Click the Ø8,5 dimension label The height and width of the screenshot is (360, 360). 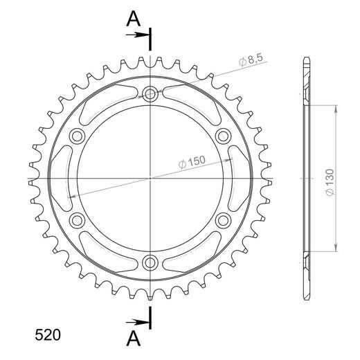point(251,60)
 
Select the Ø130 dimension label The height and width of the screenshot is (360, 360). point(330,183)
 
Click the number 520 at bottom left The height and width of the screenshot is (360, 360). point(48,335)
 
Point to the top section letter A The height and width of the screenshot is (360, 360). point(134,19)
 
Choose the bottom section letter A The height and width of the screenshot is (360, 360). point(134,339)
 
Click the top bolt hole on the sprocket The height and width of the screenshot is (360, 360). point(150,93)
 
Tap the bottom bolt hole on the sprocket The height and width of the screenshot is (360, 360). point(150,262)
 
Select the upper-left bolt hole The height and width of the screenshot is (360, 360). point(77,136)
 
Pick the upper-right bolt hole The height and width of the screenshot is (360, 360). point(223,136)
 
